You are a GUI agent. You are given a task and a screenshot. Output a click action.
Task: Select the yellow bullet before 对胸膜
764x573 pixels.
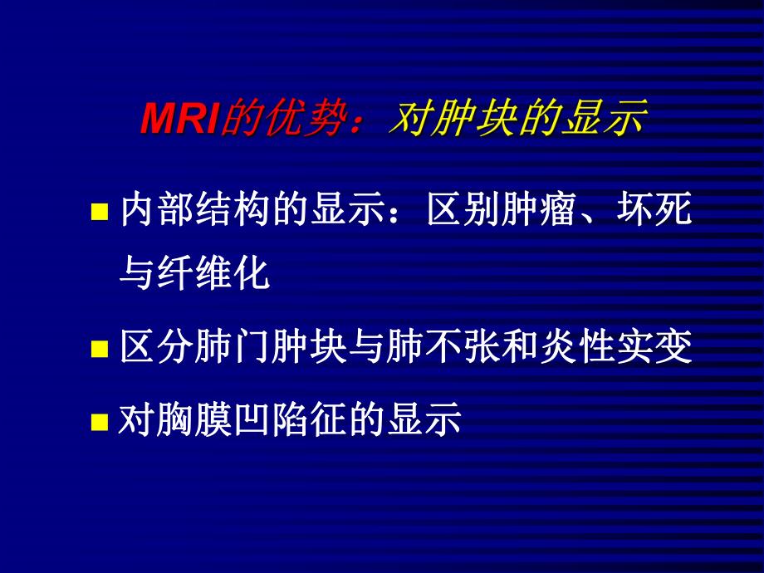[99, 422]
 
